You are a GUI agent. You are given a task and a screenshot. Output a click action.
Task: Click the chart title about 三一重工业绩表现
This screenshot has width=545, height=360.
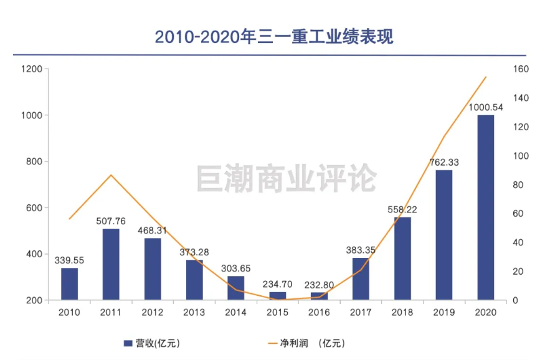[273, 37]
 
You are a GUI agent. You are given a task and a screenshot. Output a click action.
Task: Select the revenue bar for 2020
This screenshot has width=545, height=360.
[486, 207]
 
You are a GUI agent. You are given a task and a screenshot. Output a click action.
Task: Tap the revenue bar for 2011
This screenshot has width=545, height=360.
[111, 265]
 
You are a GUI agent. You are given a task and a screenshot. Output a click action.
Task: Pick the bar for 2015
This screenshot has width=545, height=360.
[278, 296]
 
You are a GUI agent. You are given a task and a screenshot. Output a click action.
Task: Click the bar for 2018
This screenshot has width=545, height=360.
[402, 258]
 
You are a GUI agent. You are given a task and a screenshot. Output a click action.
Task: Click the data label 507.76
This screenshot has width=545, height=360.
[111, 220]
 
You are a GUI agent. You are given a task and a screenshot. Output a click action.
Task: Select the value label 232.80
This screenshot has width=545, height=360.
[320, 285]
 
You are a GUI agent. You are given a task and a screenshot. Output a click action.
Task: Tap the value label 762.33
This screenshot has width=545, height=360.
[444, 162]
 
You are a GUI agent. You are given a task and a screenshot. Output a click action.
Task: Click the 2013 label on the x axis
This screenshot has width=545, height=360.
[194, 313]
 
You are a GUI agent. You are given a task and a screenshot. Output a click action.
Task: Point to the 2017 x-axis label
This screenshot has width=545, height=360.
[361, 313]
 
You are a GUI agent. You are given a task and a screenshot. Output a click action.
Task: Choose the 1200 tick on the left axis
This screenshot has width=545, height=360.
[31, 69]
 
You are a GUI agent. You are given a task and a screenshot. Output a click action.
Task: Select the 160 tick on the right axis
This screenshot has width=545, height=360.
[521, 69]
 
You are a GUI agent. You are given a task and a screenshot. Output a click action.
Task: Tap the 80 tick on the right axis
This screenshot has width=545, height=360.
[518, 185]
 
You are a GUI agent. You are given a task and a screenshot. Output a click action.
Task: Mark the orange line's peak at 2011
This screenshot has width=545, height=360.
[111, 175]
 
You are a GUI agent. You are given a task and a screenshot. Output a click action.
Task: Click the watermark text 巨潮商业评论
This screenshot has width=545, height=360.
[287, 178]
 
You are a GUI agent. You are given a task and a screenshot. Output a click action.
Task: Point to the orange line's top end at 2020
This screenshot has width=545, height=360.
[486, 77]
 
